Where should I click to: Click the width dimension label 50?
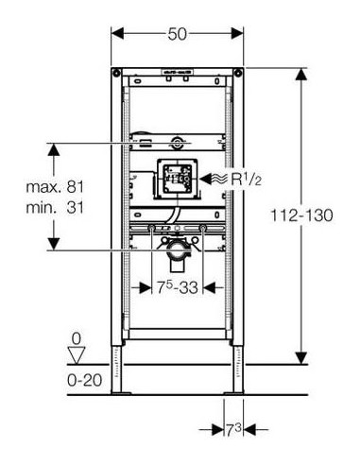[x=177, y=34]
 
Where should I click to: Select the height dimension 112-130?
[x=301, y=215]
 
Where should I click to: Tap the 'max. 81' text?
[x=55, y=187]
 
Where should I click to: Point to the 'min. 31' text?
[x=55, y=208]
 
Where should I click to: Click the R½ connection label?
[x=247, y=180]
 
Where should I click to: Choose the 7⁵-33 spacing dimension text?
[x=178, y=287]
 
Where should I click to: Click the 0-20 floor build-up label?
[x=84, y=380]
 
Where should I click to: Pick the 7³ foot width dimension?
[x=233, y=430]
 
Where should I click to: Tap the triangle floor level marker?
[x=77, y=355]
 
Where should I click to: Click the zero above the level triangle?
[x=77, y=339]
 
